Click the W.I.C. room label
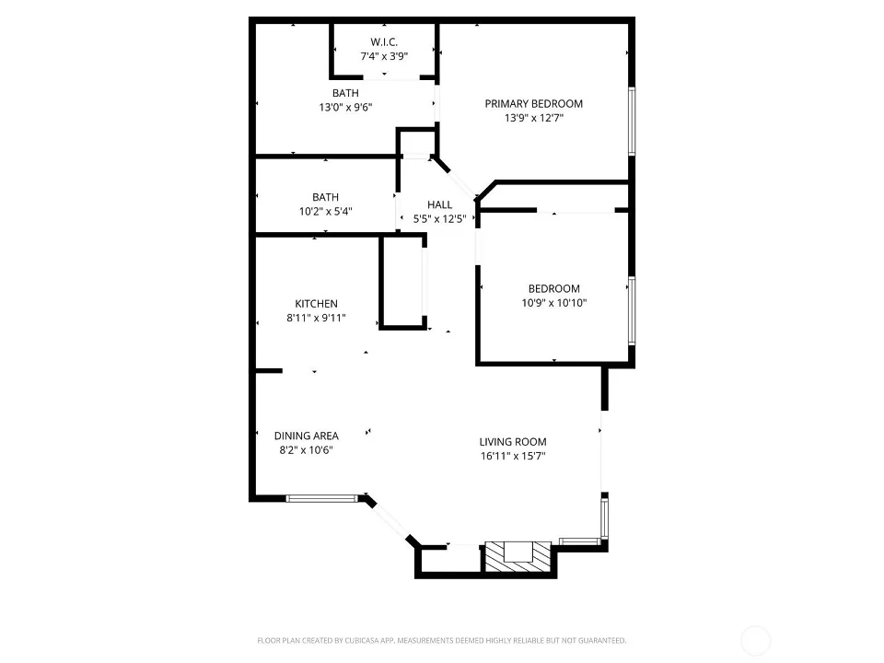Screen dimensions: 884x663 pos(384,42)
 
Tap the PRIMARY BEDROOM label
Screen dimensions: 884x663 pos(534,104)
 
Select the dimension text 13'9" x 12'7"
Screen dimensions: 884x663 pos(534,118)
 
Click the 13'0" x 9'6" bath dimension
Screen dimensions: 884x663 pos(345,107)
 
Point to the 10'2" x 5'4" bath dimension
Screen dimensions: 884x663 pos(326,212)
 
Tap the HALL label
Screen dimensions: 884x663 pos(440,204)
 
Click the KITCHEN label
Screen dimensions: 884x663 pos(316,304)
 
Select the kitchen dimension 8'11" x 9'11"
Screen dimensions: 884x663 pos(316,318)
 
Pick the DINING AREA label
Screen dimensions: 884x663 pos(306,436)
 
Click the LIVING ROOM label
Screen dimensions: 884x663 pos(513,442)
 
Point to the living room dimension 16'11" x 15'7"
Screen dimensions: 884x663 pos(513,456)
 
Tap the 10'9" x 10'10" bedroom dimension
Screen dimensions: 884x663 pos(554,303)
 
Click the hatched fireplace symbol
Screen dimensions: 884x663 pos(518,557)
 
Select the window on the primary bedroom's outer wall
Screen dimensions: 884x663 pos(632,122)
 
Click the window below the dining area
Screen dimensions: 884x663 pos(322,498)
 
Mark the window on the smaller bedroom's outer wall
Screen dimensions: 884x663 pos(632,310)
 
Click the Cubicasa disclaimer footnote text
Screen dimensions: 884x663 pos(441,641)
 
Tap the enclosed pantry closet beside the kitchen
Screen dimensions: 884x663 pos(402,281)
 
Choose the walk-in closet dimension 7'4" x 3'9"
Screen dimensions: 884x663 pos(384,56)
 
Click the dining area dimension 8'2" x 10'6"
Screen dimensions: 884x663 pos(306,450)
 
